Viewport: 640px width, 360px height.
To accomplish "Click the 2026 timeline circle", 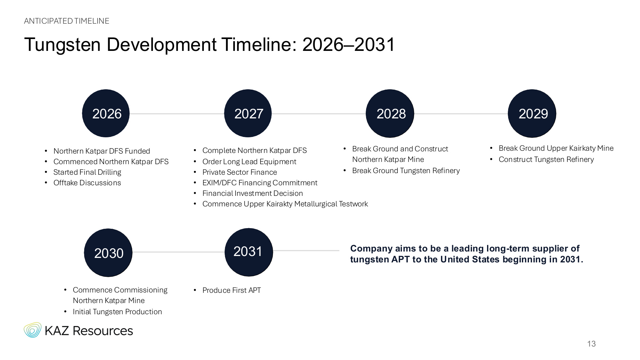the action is click(x=106, y=113).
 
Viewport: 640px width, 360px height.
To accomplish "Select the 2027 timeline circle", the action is click(x=248, y=113).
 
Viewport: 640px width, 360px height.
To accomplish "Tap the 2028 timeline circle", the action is click(x=390, y=114).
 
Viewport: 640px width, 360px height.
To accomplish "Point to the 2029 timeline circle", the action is click(x=532, y=114).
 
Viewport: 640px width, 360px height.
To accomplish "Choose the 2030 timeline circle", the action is click(x=108, y=253).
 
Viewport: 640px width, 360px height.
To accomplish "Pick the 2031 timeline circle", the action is click(x=249, y=252).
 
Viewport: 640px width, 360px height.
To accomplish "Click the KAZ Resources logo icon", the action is click(x=33, y=330).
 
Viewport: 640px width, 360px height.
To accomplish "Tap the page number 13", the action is click(x=591, y=344).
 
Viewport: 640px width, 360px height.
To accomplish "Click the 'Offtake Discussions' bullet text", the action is click(x=87, y=183).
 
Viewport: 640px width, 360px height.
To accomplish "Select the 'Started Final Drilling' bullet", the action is click(x=87, y=172).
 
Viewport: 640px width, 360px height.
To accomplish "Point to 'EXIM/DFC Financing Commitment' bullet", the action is click(x=260, y=183).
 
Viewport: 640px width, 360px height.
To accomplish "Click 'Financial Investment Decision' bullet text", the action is click(x=252, y=193).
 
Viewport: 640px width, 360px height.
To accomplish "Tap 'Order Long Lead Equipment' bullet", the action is click(x=249, y=162).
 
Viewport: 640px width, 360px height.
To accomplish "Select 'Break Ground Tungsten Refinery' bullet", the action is click(x=406, y=171).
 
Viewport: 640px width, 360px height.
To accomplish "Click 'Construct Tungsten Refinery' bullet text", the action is click(x=546, y=159).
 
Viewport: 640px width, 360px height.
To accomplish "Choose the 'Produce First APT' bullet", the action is click(x=232, y=290).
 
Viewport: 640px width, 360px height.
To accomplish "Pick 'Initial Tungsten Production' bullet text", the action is click(x=117, y=312).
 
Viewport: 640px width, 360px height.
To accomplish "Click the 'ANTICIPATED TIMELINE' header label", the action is click(x=67, y=21).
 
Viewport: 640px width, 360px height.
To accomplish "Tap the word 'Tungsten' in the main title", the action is click(x=62, y=44).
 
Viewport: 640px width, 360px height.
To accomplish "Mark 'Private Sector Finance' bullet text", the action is click(x=240, y=172).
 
